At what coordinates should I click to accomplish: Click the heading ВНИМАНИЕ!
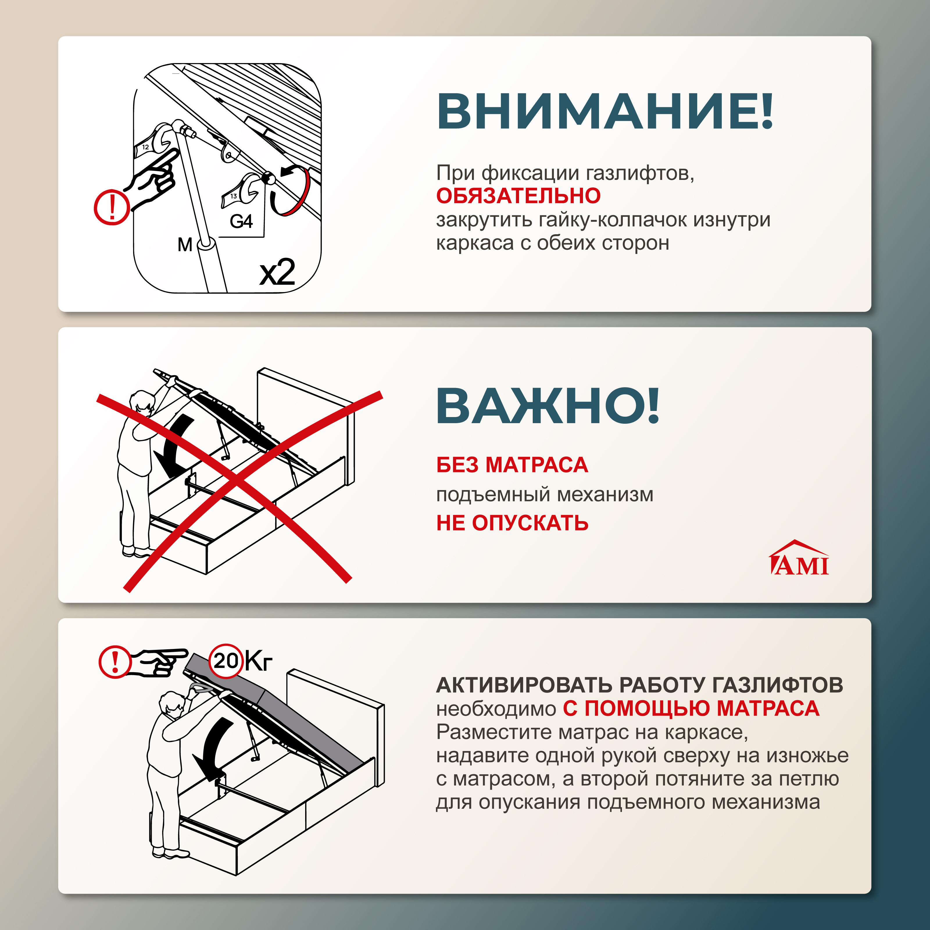click(604, 112)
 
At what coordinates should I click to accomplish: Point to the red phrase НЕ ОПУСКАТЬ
click(512, 523)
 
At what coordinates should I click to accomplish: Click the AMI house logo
click(799, 558)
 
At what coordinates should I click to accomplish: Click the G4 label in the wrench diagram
click(241, 221)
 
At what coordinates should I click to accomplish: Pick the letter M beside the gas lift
click(184, 244)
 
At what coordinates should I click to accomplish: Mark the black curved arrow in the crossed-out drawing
click(173, 445)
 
